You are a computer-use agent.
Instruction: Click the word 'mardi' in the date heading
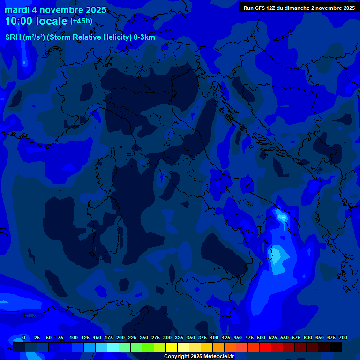(x=15, y=10)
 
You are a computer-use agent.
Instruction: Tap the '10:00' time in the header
(x=18, y=21)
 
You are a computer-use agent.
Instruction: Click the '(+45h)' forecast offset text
(x=81, y=21)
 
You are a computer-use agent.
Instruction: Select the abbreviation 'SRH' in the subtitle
(x=13, y=37)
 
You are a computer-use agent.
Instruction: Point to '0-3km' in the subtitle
(x=144, y=37)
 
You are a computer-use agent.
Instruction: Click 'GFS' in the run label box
(x=260, y=8)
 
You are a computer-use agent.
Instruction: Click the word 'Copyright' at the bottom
(x=177, y=356)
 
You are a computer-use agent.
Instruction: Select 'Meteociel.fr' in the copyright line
(x=219, y=356)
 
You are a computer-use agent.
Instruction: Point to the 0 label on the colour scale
(x=24, y=338)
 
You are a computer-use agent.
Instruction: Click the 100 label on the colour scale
(x=74, y=338)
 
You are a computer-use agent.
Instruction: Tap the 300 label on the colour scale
(x=167, y=338)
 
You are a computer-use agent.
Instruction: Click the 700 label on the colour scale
(x=343, y=338)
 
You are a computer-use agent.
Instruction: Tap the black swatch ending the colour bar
(x=336, y=347)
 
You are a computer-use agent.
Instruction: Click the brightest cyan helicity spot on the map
(x=282, y=217)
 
